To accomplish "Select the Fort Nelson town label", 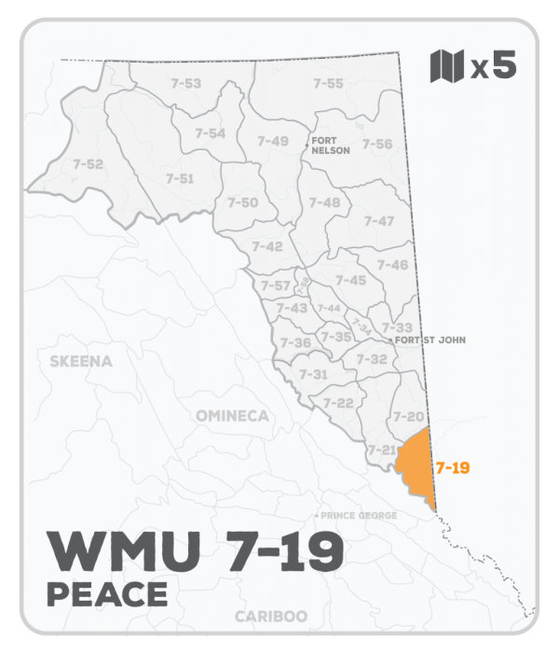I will pyautogui.click(x=331, y=145).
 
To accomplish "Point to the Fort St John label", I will pyautogui.click(x=429, y=340).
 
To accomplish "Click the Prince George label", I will pyautogui.click(x=357, y=516).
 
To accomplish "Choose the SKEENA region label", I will pyautogui.click(x=81, y=360).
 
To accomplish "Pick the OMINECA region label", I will pyautogui.click(x=232, y=415).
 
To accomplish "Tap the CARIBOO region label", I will pyautogui.click(x=271, y=617).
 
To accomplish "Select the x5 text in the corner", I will pyautogui.click(x=494, y=67).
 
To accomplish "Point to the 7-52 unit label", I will pyautogui.click(x=88, y=164).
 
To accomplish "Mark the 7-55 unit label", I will pyautogui.click(x=328, y=84).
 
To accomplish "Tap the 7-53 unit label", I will pyautogui.click(x=186, y=84).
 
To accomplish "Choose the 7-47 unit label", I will pyautogui.click(x=379, y=221).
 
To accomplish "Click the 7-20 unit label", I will pyautogui.click(x=409, y=416).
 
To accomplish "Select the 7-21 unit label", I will pyautogui.click(x=381, y=450).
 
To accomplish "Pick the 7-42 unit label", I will pyautogui.click(x=267, y=246).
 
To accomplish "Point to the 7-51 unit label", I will pyautogui.click(x=179, y=178).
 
